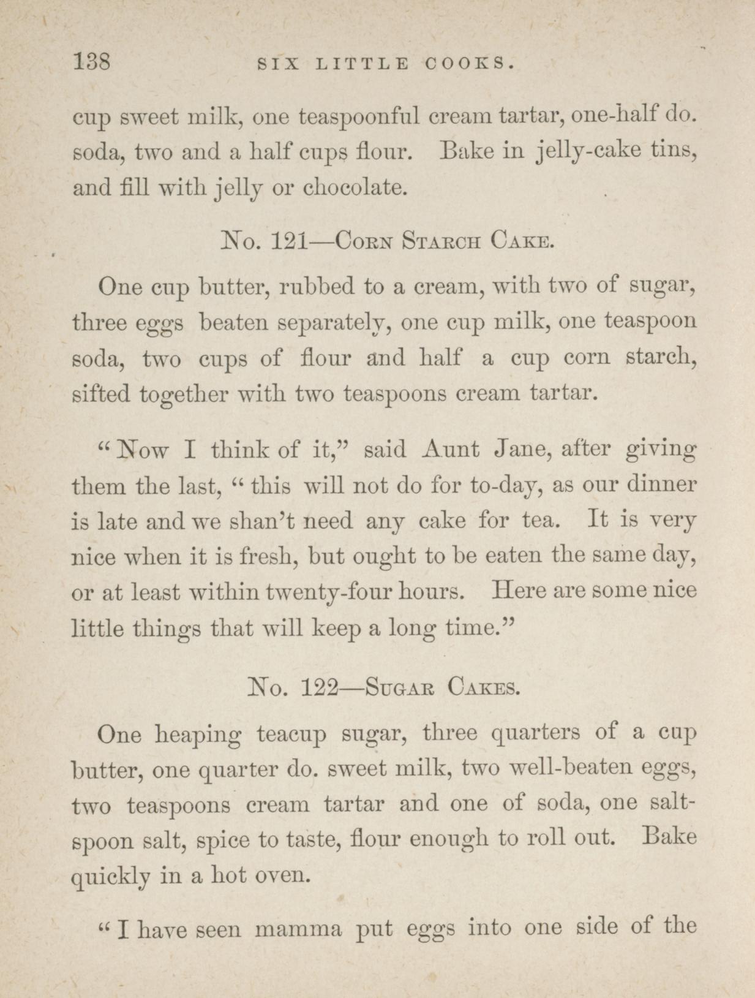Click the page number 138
pyautogui.click(x=91, y=62)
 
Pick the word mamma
pyautogui.click(x=298, y=930)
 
